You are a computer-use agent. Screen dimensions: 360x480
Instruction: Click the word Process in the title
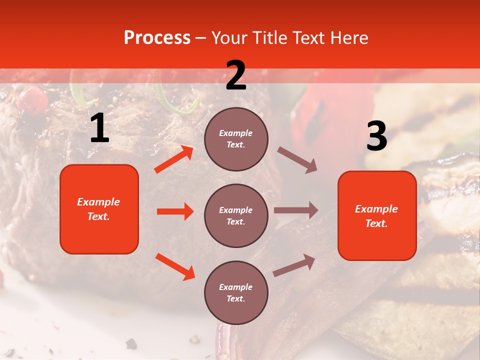[157, 38]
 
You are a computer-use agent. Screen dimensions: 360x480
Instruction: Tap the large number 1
[99, 128]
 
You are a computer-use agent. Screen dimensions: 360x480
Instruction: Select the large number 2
[236, 75]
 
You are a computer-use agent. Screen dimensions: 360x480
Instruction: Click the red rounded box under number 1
[99, 209]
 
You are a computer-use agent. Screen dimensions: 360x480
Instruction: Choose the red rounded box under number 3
[377, 215]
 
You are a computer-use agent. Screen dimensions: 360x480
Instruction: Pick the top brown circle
[236, 139]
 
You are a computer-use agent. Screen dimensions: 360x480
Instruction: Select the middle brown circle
[236, 215]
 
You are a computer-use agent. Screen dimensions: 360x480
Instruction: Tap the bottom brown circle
[236, 292]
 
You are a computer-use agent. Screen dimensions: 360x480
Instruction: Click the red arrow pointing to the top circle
[173, 159]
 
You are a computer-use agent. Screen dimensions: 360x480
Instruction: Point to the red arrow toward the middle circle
[175, 211]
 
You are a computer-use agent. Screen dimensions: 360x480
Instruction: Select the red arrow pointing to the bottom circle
[175, 266]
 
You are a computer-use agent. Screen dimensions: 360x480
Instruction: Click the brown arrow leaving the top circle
[297, 160]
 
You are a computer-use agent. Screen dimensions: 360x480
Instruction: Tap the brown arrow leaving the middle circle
[295, 210]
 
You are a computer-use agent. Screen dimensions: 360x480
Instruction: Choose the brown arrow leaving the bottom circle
[294, 265]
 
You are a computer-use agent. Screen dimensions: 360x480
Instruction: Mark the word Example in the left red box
[98, 202]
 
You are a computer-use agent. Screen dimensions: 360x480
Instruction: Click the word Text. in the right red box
[376, 223]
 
